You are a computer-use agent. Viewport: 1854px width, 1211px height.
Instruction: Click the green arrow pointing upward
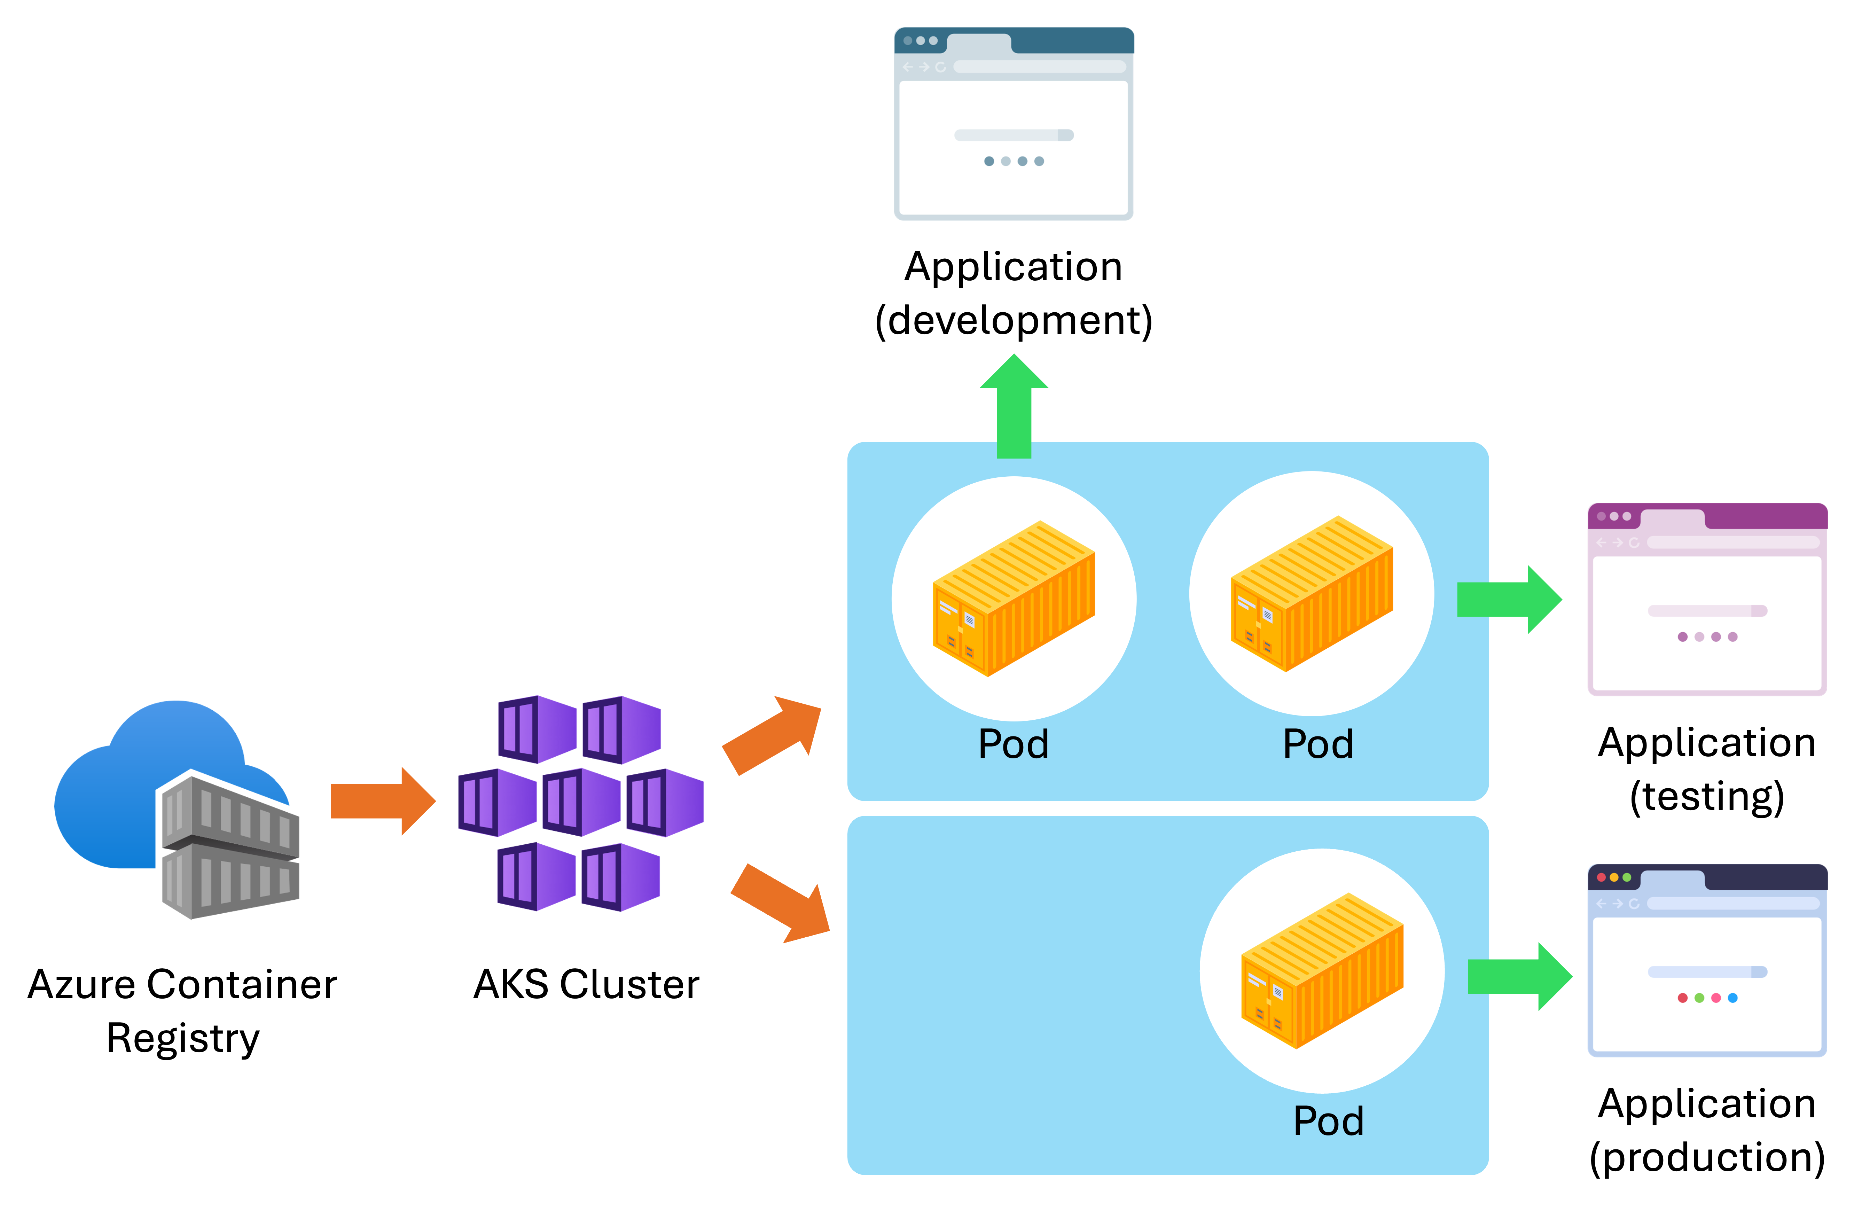click(1014, 405)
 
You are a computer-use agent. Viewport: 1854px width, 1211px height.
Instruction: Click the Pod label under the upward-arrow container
click(1014, 744)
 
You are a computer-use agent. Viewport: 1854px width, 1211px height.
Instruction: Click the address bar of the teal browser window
click(1040, 67)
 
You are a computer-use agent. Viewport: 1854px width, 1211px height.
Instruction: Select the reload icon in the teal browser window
click(940, 67)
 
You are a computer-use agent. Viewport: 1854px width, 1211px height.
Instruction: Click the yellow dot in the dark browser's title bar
click(1614, 877)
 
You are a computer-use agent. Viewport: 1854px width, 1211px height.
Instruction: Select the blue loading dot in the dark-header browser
click(1732, 998)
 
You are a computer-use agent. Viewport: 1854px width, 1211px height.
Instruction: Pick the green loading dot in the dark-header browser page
click(1699, 998)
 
